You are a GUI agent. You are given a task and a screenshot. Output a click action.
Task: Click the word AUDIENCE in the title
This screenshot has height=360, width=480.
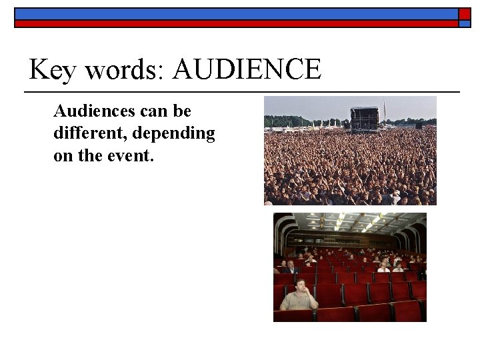(246, 69)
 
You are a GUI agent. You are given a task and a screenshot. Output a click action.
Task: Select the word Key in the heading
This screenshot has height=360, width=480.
(52, 71)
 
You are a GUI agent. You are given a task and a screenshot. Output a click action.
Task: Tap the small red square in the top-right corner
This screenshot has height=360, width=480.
(464, 14)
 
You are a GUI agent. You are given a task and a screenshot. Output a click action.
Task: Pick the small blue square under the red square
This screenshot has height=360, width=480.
(464, 23)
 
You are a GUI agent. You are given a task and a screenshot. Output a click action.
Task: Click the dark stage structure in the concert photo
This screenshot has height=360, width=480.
(364, 118)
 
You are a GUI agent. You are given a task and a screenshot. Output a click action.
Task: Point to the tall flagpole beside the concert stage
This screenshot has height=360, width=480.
(385, 111)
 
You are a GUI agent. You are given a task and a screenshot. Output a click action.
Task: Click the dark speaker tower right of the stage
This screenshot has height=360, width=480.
(419, 125)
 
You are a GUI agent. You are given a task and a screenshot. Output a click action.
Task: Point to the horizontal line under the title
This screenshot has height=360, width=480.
(241, 91)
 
